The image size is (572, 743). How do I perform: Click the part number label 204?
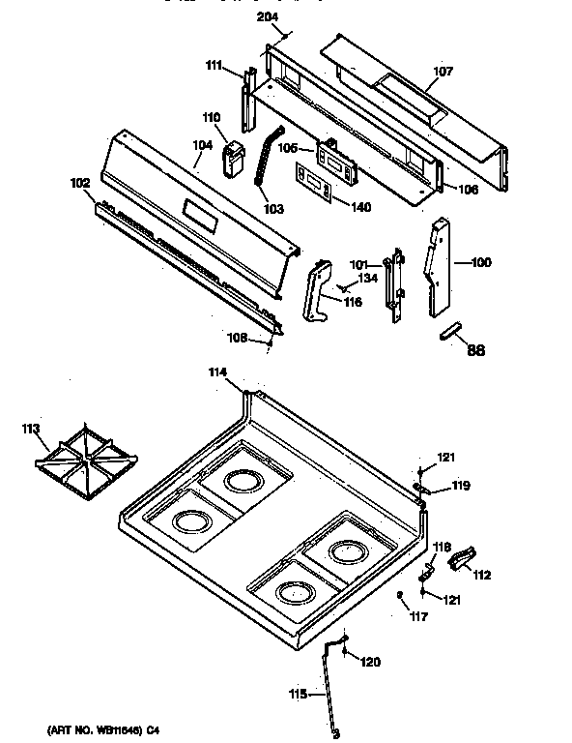[268, 17]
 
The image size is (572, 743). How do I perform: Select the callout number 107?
[443, 72]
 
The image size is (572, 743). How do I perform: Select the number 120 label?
[370, 662]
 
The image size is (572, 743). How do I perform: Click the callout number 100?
[480, 262]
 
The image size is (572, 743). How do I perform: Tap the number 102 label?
[79, 181]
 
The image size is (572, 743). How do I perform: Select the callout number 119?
[461, 485]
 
